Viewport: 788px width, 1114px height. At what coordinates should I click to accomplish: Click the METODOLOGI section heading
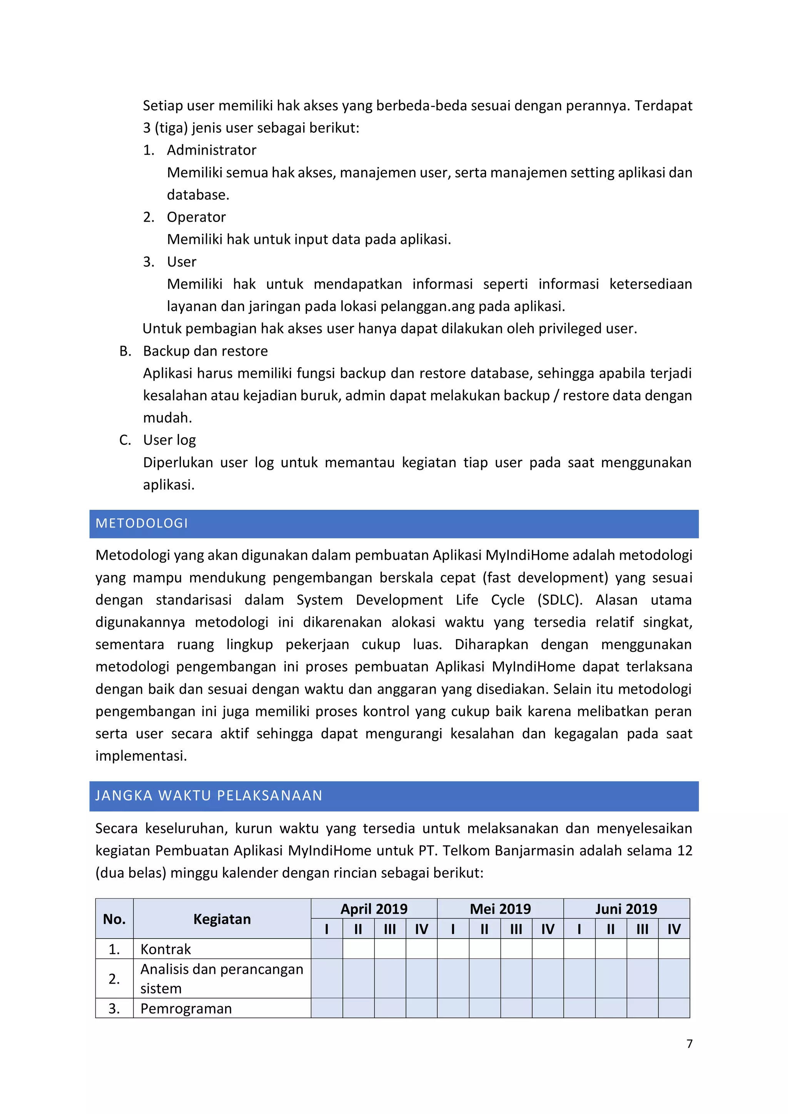coord(142,523)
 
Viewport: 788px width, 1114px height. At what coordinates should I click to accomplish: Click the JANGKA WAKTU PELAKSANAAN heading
coord(209,795)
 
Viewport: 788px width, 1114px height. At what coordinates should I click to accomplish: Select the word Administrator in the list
coord(211,150)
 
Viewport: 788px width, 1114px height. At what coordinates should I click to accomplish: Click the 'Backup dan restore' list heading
coord(205,351)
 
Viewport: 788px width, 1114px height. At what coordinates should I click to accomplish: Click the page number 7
coord(689,1043)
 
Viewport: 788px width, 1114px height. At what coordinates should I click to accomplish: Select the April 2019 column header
coord(374,909)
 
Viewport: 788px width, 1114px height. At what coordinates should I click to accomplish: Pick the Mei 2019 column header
coord(500,909)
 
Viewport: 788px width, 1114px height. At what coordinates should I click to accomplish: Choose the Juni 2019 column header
coord(626,909)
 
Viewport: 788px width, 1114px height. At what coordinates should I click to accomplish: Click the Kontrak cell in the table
coord(166,949)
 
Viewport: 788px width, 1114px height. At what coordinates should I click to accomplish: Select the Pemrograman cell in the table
coord(186,1008)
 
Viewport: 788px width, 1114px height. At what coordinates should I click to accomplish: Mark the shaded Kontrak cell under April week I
coord(327,949)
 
